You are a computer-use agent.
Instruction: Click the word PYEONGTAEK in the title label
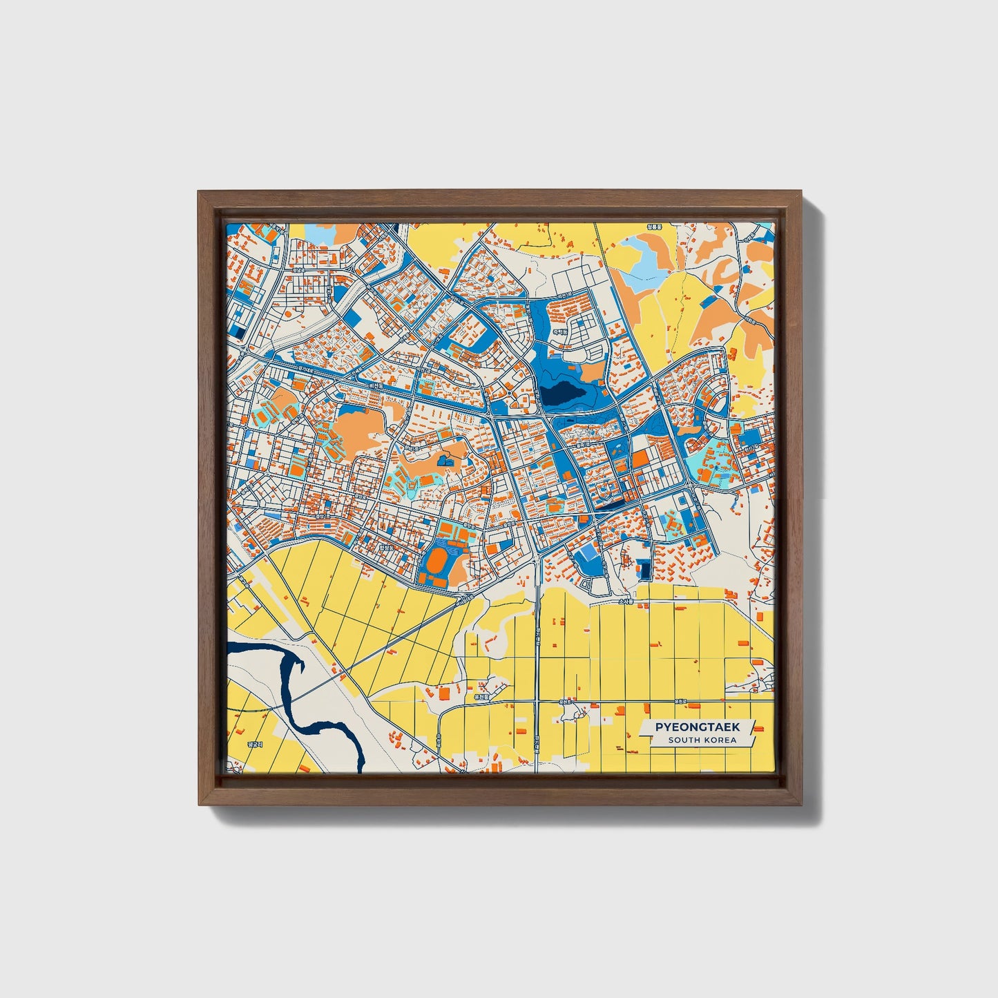tap(697, 727)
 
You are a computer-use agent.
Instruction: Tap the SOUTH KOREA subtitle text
tap(702, 740)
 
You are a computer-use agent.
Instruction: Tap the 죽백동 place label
tap(559, 332)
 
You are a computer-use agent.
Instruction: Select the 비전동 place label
tap(376, 386)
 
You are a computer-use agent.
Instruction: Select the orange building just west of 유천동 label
tap(444, 691)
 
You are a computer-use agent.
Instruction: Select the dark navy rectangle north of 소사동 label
tap(645, 570)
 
